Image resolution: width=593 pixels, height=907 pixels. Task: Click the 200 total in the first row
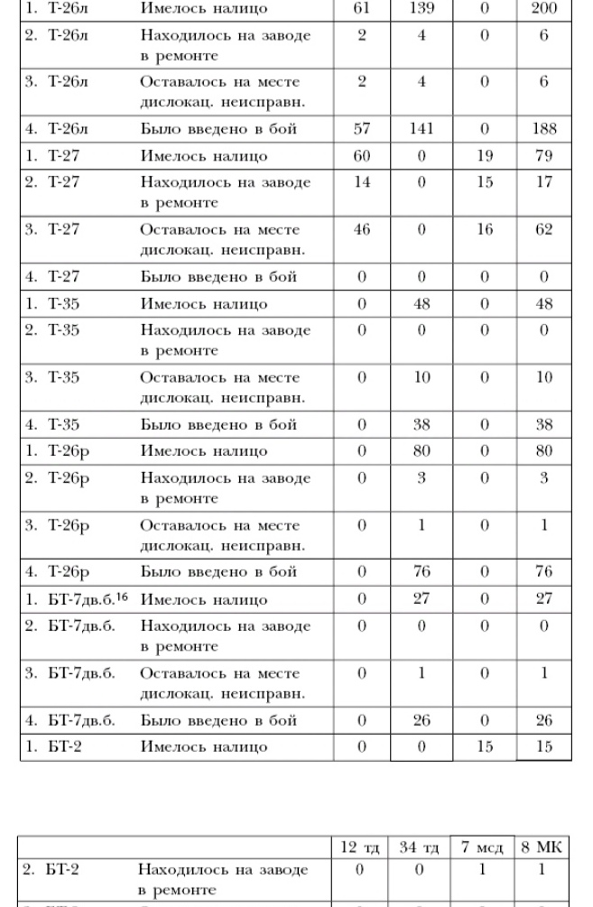click(544, 8)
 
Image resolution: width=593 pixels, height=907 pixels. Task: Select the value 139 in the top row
click(422, 8)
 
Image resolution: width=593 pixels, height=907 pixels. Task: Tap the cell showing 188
click(544, 129)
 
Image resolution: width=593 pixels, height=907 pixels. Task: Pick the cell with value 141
click(422, 129)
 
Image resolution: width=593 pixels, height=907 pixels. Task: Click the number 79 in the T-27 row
click(544, 156)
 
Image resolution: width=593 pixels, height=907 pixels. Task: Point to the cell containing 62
click(544, 230)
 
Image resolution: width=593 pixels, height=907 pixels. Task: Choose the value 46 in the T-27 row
click(362, 230)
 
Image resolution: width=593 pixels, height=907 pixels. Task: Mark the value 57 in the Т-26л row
click(362, 129)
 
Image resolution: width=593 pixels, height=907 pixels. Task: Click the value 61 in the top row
click(362, 8)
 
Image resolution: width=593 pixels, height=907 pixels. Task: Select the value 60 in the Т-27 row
click(362, 156)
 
